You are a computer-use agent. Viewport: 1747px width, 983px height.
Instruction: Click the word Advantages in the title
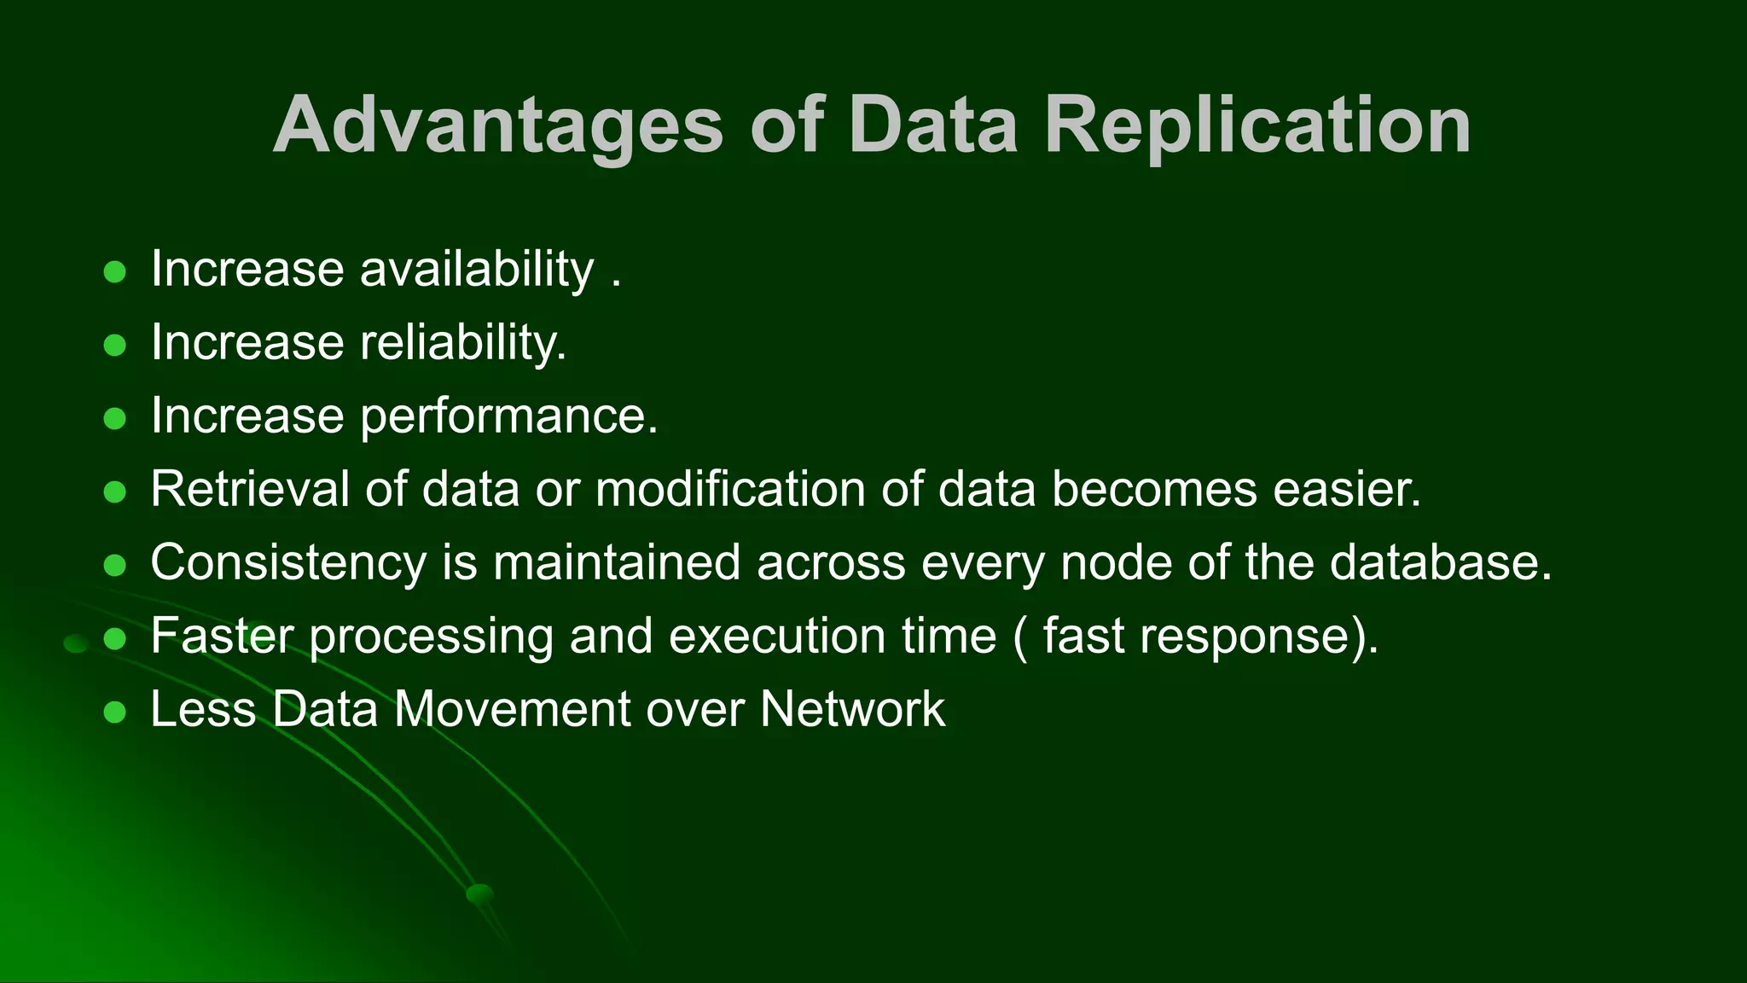498,125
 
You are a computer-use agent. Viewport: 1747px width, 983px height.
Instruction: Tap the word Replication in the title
1257,125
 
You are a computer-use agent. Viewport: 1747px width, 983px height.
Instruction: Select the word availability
477,270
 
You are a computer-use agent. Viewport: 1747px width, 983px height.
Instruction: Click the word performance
508,416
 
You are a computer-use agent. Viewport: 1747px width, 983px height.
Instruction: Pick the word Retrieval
250,490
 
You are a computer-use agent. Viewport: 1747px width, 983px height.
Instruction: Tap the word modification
730,490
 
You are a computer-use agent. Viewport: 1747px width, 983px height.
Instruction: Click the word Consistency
287,563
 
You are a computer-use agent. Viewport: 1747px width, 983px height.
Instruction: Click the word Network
852,710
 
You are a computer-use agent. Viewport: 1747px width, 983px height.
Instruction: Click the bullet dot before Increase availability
114,272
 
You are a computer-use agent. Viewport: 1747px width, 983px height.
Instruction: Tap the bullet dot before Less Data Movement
114,713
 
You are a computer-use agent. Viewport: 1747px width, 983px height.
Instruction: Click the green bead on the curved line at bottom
480,893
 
